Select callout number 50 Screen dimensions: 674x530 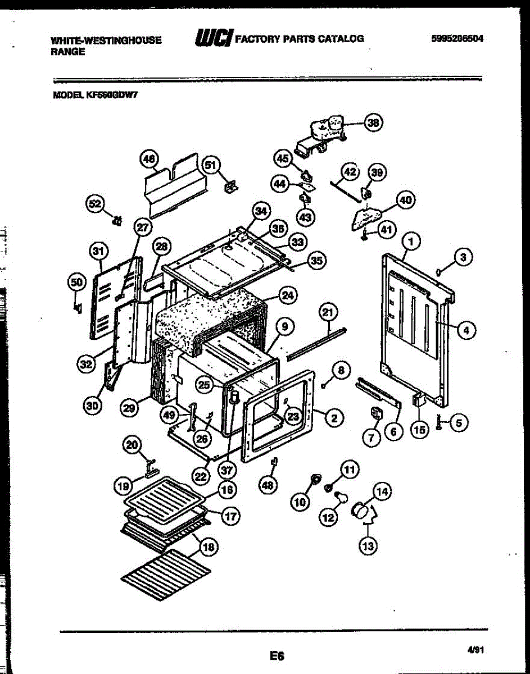[76, 284]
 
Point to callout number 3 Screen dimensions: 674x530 [463, 258]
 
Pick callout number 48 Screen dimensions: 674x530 [269, 486]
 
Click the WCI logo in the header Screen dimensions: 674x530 [214, 39]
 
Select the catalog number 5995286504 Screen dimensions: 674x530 [457, 39]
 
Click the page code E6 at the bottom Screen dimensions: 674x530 [277, 655]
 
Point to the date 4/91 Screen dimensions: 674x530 [475, 650]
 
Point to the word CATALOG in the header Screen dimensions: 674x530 [341, 39]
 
